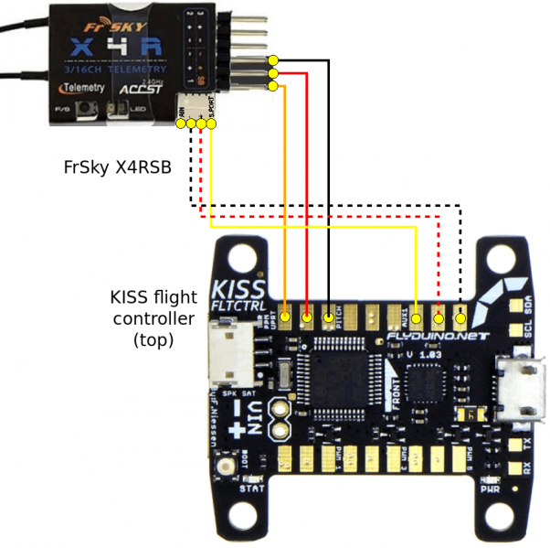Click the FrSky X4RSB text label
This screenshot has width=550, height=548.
[x=117, y=167]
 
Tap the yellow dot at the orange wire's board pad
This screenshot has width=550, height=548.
[x=286, y=318]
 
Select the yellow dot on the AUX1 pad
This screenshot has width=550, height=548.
[x=417, y=318]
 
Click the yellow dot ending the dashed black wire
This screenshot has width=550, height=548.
[x=461, y=318]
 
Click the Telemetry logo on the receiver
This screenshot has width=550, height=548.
[x=81, y=88]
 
